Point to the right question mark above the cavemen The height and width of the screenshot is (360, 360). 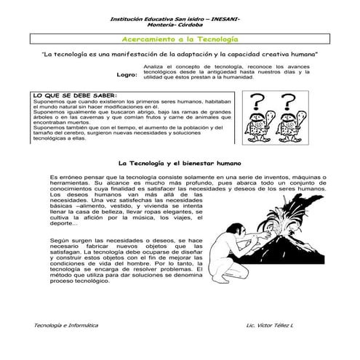289,102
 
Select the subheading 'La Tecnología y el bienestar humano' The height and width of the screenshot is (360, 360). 179,163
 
